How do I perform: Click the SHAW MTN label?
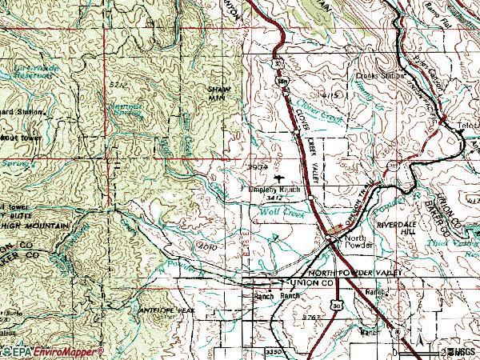218,94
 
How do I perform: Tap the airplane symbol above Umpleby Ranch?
278,178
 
